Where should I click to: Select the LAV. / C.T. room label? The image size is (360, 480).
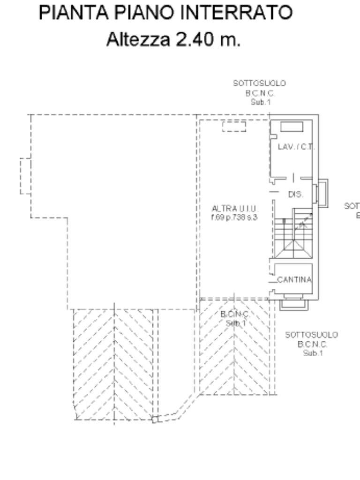click(x=296, y=147)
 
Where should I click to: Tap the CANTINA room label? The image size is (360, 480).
click(x=294, y=280)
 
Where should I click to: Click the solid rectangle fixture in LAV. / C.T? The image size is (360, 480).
click(x=292, y=126)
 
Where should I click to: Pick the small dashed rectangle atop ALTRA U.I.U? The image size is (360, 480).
click(x=234, y=126)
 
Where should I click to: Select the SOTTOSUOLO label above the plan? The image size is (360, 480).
click(x=260, y=83)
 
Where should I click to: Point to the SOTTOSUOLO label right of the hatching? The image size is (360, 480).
click(x=311, y=335)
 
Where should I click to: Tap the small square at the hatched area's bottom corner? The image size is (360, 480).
click(x=155, y=420)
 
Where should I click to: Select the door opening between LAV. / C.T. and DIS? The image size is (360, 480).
click(x=293, y=178)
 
